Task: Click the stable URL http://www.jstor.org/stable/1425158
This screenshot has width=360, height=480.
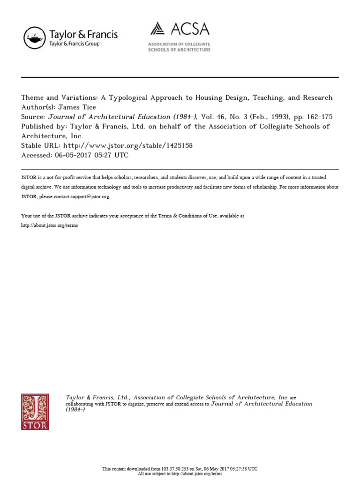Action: [x=127, y=146]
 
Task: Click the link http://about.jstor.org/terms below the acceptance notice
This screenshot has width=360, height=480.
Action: [x=49, y=225]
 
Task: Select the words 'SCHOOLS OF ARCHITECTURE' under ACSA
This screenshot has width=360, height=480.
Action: [x=179, y=50]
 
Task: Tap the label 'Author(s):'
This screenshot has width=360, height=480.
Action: [x=38, y=107]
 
